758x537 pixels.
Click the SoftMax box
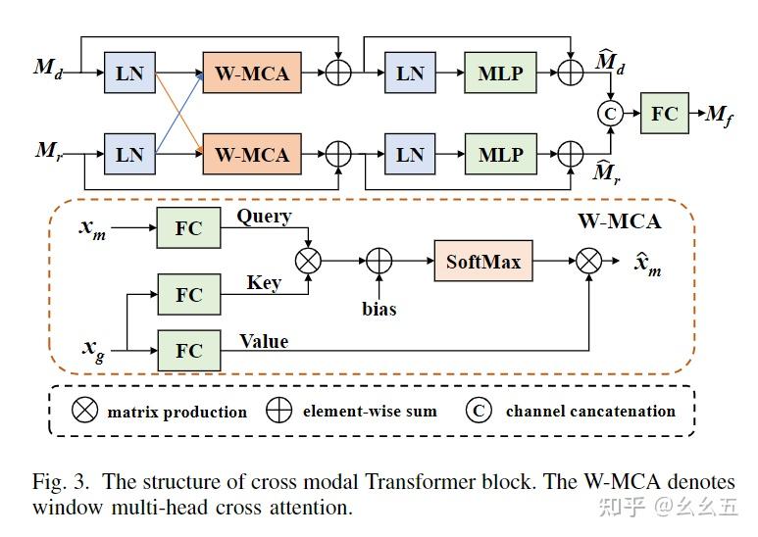483,263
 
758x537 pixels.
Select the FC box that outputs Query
188,228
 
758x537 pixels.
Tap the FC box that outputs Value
188,351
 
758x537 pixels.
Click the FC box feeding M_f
665,114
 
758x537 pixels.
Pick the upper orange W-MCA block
252,73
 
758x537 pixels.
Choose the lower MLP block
500,155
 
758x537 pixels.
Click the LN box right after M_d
129,73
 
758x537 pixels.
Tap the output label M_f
720,117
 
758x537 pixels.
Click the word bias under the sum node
379,309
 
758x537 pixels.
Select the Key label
264,282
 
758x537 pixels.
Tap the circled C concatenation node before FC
611,114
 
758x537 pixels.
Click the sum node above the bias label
379,263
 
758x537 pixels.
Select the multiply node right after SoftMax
588,263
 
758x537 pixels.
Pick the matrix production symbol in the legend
86,412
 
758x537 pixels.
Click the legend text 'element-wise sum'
369,412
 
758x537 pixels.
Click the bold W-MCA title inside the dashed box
618,221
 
